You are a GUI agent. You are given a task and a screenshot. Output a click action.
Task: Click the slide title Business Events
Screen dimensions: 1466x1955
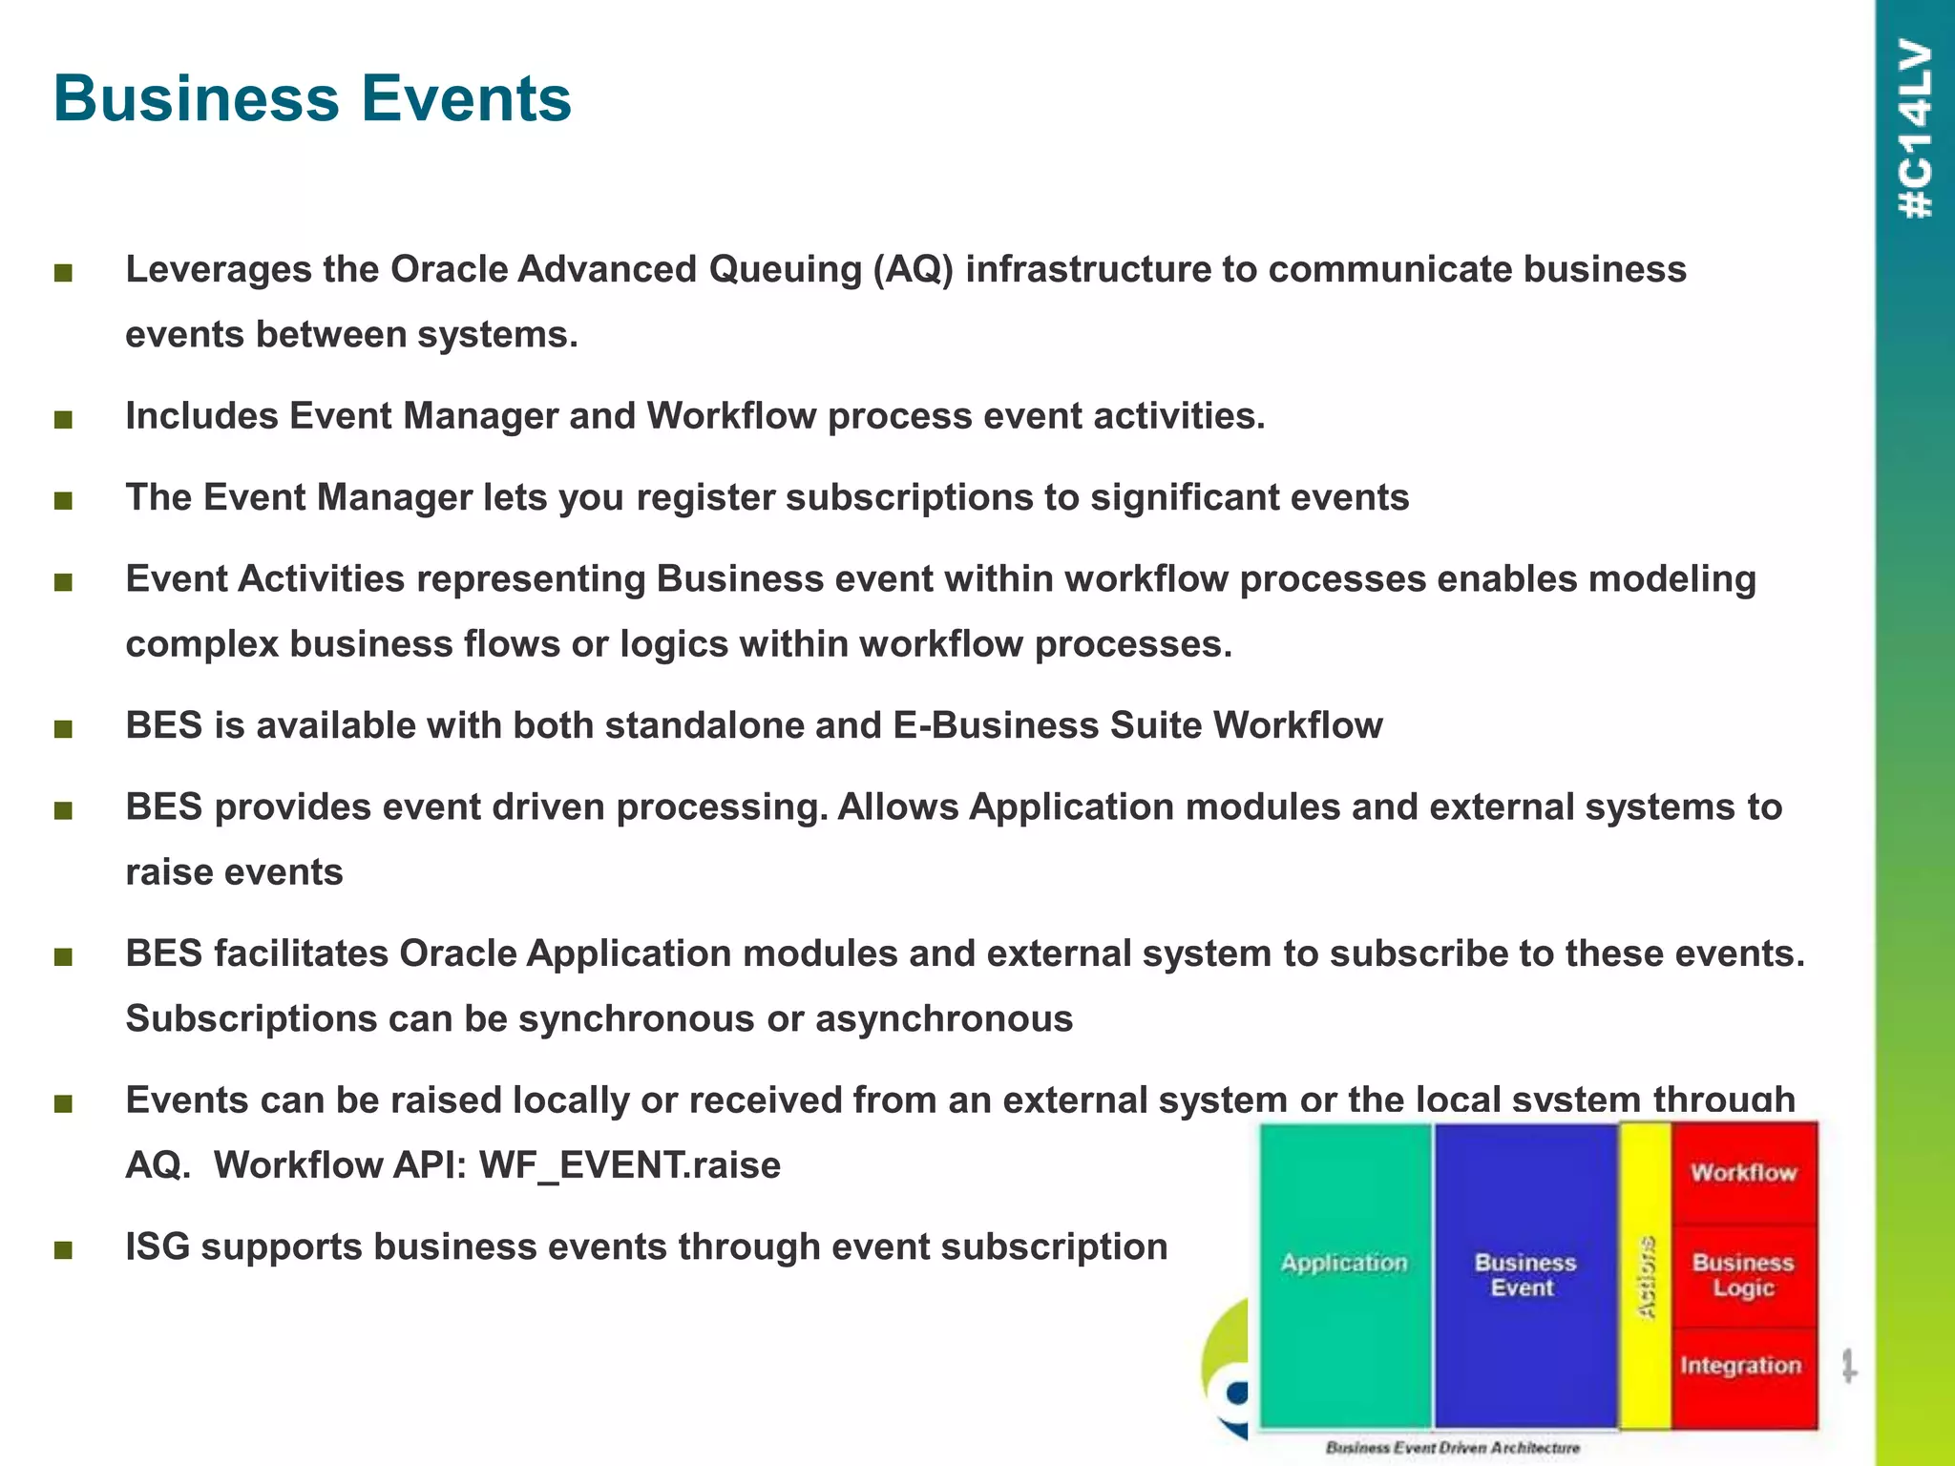312,98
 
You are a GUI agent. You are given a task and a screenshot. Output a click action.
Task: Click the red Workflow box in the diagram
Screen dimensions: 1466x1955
1743,1172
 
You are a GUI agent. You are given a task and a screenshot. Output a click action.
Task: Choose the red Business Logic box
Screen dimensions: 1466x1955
1743,1275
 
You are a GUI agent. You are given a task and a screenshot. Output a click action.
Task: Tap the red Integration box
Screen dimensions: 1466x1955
1741,1366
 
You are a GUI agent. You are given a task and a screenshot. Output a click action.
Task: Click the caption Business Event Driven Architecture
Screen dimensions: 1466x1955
1452,1448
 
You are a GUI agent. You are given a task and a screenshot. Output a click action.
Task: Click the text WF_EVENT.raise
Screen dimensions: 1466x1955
629,1165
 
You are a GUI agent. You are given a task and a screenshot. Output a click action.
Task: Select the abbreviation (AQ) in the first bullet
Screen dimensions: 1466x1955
913,269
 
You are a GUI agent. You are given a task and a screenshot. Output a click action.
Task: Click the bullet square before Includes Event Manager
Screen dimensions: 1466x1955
64,419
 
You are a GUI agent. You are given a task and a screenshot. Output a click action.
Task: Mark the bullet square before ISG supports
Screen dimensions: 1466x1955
64,1250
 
